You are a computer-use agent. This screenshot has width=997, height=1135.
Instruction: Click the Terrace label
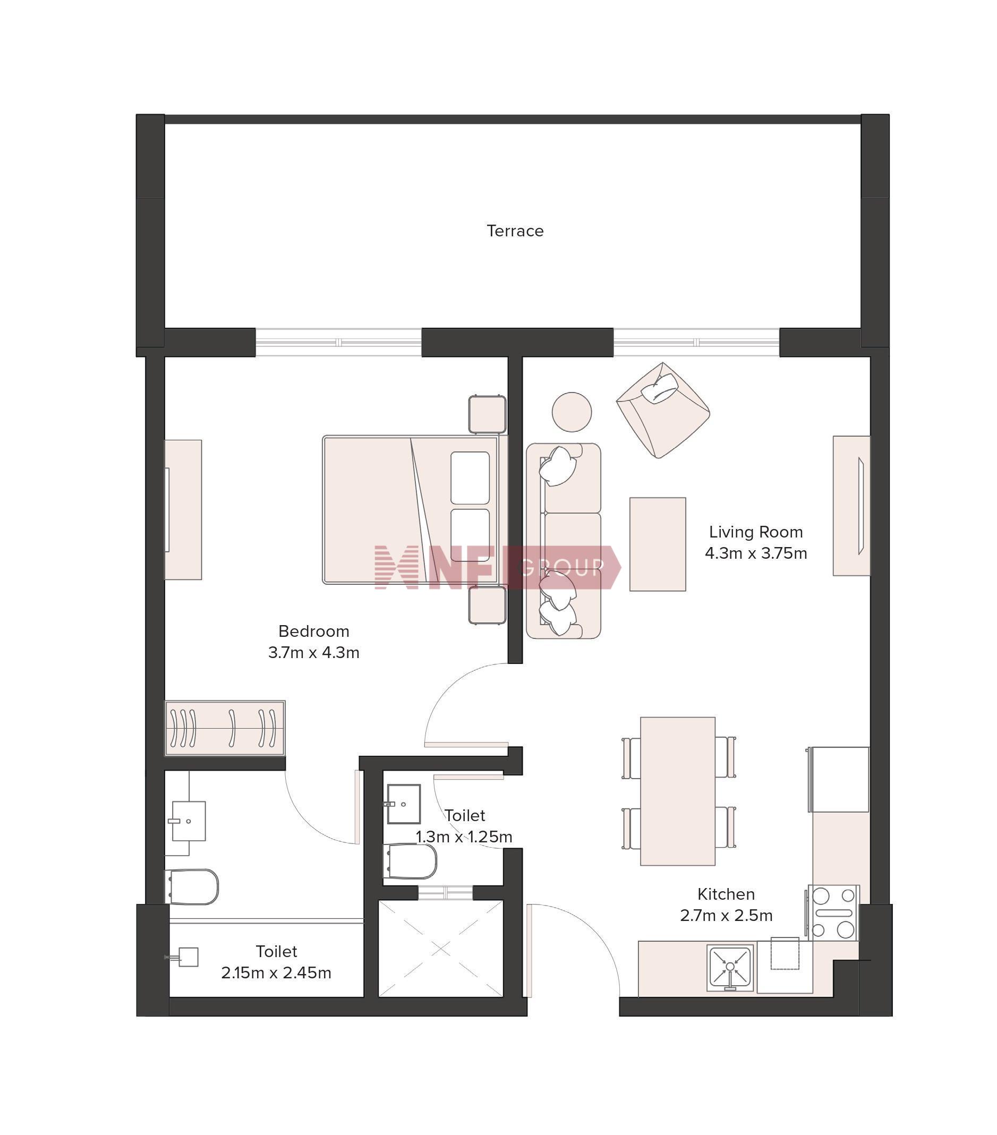click(x=515, y=231)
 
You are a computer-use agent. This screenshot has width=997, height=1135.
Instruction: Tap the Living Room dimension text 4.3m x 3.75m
click(x=755, y=553)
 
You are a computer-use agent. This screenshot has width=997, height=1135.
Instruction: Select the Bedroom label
click(x=313, y=631)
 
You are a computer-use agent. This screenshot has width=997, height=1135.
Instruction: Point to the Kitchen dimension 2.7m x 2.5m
click(x=726, y=915)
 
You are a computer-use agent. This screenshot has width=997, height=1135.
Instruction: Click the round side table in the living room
click(x=572, y=412)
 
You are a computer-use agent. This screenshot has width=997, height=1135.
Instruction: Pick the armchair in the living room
click(x=662, y=410)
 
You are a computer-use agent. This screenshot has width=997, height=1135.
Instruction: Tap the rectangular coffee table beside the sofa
click(x=658, y=544)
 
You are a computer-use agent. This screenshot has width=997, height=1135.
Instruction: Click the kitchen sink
click(x=730, y=968)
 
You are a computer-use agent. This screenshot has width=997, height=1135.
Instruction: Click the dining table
click(x=678, y=791)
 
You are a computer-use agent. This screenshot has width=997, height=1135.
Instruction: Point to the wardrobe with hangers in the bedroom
click(x=225, y=728)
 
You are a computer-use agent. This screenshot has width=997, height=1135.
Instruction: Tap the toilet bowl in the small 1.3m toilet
click(x=410, y=861)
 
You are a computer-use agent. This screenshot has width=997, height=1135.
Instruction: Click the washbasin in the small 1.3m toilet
click(x=403, y=804)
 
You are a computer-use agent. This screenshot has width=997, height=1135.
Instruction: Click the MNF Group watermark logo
click(x=498, y=567)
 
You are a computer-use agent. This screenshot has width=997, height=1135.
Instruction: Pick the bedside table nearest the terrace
click(x=487, y=414)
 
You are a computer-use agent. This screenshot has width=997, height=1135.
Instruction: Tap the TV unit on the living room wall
click(x=851, y=505)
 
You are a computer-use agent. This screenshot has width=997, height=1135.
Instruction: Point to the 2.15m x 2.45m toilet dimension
click(x=276, y=973)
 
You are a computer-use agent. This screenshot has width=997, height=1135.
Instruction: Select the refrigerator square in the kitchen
click(x=839, y=779)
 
